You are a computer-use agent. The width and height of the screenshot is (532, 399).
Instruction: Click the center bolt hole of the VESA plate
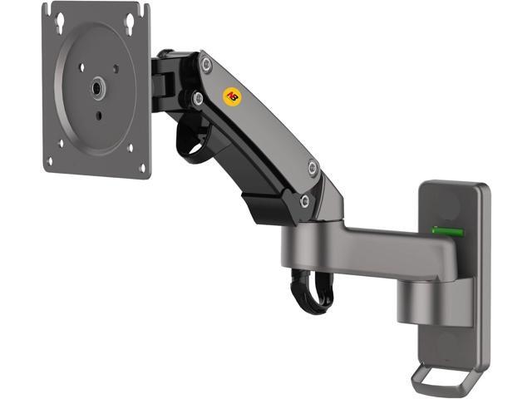98,86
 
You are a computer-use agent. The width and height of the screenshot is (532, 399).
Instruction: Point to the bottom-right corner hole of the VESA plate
142,168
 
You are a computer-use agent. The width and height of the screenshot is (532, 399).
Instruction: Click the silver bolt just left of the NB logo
198,98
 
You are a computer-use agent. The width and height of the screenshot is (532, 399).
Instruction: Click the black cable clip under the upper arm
193,143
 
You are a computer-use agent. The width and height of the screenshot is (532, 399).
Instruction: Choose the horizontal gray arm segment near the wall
366,249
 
